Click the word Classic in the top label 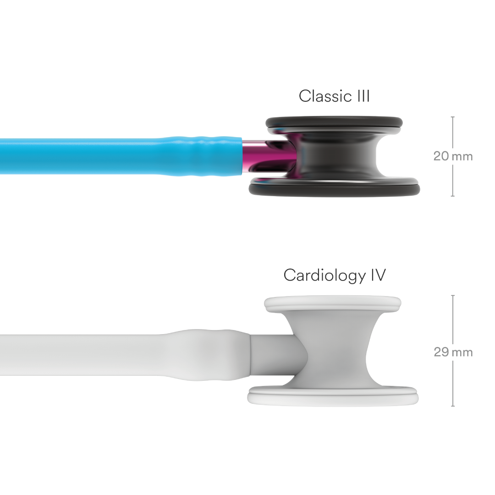(x=325, y=96)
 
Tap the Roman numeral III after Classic (x=363, y=96)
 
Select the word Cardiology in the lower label (x=324, y=275)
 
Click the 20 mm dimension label (x=453, y=156)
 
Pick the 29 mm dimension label (x=453, y=352)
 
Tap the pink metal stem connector (x=253, y=157)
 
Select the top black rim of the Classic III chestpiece (x=334, y=122)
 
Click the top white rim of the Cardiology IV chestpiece (x=333, y=304)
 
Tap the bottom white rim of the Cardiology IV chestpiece (x=333, y=396)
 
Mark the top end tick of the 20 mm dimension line (x=453, y=117)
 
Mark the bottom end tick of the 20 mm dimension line (x=453, y=196)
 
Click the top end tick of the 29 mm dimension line (x=453, y=296)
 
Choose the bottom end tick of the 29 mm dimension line (x=453, y=406)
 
